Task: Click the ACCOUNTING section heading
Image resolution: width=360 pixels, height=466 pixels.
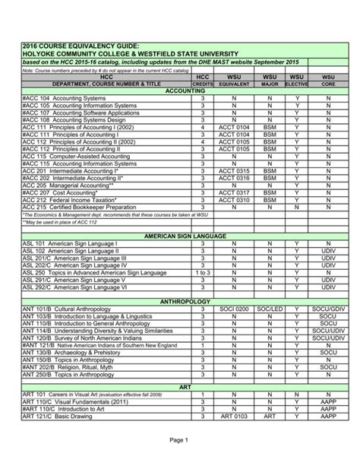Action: pos(180,90)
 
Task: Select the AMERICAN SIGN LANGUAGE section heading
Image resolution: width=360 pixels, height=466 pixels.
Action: pos(180,236)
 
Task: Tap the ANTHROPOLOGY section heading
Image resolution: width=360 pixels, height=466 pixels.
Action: pos(180,302)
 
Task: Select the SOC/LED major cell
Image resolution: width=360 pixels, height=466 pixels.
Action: pos(270,309)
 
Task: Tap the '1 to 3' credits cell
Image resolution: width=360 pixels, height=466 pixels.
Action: pos(203,271)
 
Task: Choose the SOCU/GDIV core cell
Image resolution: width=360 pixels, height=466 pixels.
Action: pos(328,309)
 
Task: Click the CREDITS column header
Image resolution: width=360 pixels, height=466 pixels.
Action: pos(203,84)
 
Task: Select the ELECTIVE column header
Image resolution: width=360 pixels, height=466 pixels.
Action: pos(297,84)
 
